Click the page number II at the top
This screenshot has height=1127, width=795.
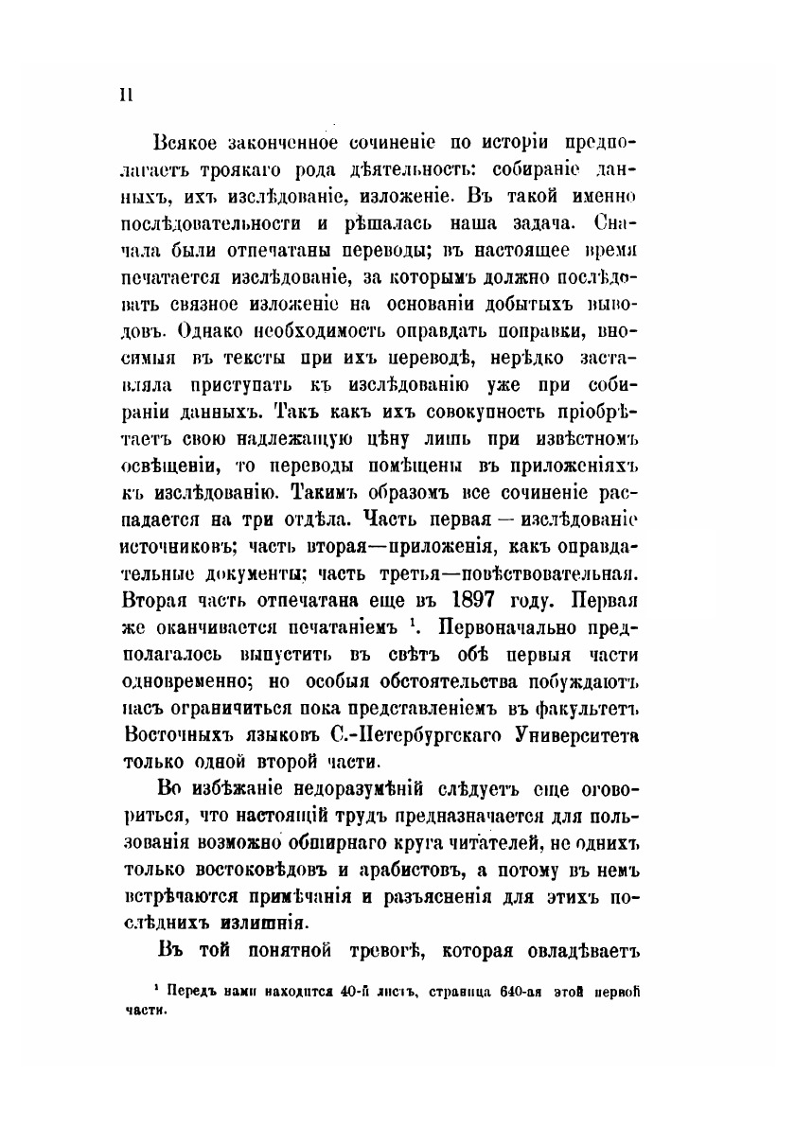(125, 94)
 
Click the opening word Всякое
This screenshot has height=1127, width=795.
(185, 145)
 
